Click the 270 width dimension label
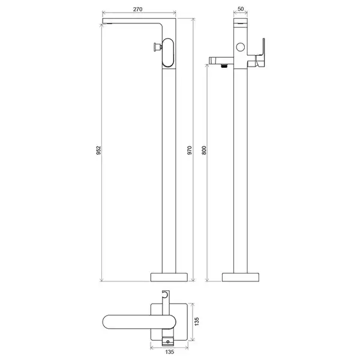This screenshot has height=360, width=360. point(138,9)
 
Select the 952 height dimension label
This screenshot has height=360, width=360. point(98,150)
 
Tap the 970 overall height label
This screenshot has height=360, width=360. point(190,150)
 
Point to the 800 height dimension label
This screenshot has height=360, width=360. point(204,150)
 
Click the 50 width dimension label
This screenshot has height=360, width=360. point(241,9)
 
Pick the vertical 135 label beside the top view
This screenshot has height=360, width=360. point(197,322)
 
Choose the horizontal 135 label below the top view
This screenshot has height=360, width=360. point(170,352)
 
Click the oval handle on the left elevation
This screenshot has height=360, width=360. point(168,53)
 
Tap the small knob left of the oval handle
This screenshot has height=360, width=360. point(158,47)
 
